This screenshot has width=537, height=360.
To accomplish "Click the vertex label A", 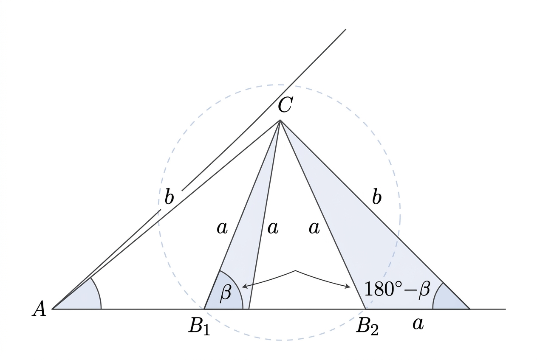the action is click(39, 309).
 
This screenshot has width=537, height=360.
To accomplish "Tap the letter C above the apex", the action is click(285, 105).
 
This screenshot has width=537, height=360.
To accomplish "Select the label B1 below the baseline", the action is click(199, 326).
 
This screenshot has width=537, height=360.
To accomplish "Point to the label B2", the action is click(367, 326).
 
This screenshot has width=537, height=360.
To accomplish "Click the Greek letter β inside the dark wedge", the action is click(226, 293).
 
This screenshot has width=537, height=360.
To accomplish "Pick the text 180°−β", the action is click(397, 290).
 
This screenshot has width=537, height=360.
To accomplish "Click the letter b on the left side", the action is click(169, 196).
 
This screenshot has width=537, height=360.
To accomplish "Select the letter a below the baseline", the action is click(418, 324).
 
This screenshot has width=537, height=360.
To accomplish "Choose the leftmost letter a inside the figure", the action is click(222, 228).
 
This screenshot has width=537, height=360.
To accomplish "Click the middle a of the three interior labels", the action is click(273, 228).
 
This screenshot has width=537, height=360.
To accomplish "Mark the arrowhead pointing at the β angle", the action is click(245, 286).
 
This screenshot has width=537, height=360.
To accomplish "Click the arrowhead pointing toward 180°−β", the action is click(348, 286).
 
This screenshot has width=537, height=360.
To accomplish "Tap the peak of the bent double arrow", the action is click(295, 271).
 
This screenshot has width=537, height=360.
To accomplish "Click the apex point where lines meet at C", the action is click(280, 120).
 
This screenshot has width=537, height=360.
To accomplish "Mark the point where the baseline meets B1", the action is click(204, 309).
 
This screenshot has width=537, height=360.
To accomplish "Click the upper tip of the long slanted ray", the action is click(346, 29).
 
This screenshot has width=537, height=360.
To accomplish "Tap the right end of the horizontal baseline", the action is click(506, 309).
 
